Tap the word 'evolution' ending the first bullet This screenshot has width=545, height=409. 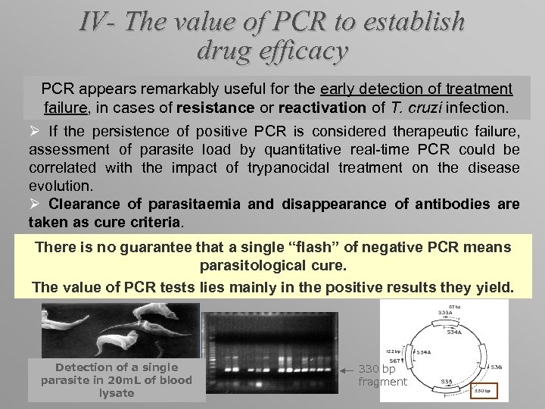tap(61, 186)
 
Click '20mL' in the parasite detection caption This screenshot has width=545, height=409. tap(120, 380)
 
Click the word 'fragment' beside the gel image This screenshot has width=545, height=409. tap(382, 382)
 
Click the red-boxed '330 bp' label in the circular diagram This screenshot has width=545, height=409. tap(483, 392)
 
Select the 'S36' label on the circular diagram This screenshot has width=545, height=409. tap(496, 367)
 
